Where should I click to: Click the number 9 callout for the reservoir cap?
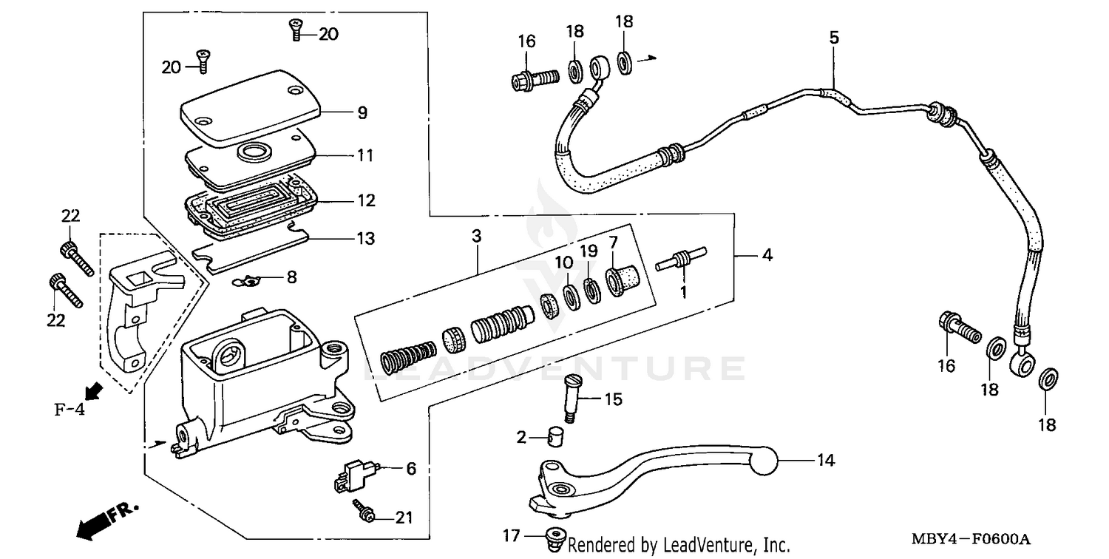[362, 113]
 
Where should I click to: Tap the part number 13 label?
[365, 239]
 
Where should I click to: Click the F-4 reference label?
[69, 408]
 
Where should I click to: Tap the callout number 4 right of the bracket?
[767, 255]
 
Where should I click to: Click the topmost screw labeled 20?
[296, 30]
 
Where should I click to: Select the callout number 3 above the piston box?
[477, 237]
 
